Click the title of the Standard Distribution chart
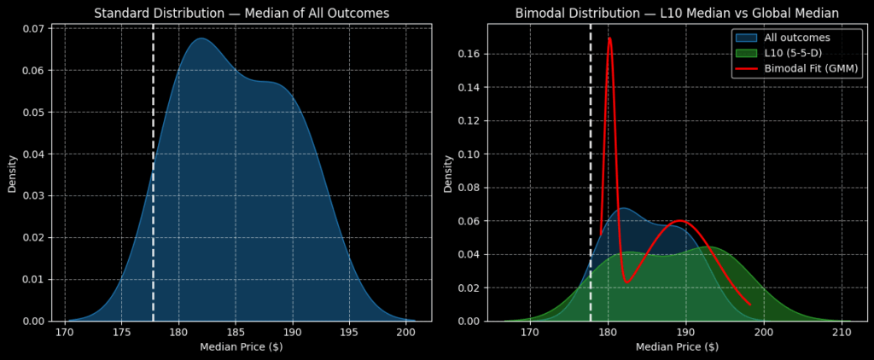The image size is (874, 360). pos(242,13)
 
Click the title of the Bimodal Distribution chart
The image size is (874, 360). pos(677,13)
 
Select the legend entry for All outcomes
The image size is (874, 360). pos(796,38)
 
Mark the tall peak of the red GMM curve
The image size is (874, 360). pos(609,38)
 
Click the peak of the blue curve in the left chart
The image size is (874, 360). pos(201,38)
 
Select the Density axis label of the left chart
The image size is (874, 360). pos(12,173)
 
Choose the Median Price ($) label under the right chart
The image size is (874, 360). pos(677,347)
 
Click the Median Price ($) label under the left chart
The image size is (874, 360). pos(242,347)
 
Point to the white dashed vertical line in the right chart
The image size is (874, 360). pos(591,171)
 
